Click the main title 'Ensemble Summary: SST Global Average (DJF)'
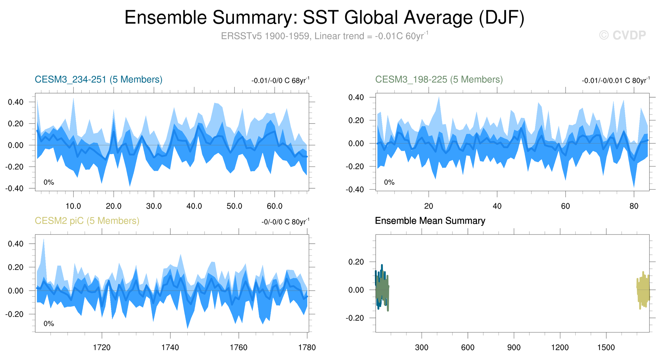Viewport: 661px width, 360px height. [324, 18]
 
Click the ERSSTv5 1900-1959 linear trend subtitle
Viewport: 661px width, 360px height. [324, 36]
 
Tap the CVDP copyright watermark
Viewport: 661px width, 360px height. [622, 35]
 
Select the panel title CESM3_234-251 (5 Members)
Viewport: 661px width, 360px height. [98, 80]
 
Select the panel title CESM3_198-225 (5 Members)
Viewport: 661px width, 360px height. [439, 80]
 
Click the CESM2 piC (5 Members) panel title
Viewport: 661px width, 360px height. [87, 221]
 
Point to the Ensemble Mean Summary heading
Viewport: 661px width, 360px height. [430, 221]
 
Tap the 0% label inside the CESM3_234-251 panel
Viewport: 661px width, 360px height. [49, 182]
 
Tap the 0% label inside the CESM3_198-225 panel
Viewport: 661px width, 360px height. [389, 182]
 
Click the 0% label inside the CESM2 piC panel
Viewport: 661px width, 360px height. [49, 324]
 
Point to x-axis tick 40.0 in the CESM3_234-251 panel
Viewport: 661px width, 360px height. [194, 206]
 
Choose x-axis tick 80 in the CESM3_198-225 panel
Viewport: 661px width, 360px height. [634, 206]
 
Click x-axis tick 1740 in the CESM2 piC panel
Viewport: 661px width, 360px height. [170, 348]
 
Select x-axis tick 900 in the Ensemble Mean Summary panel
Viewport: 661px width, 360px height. [514, 348]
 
